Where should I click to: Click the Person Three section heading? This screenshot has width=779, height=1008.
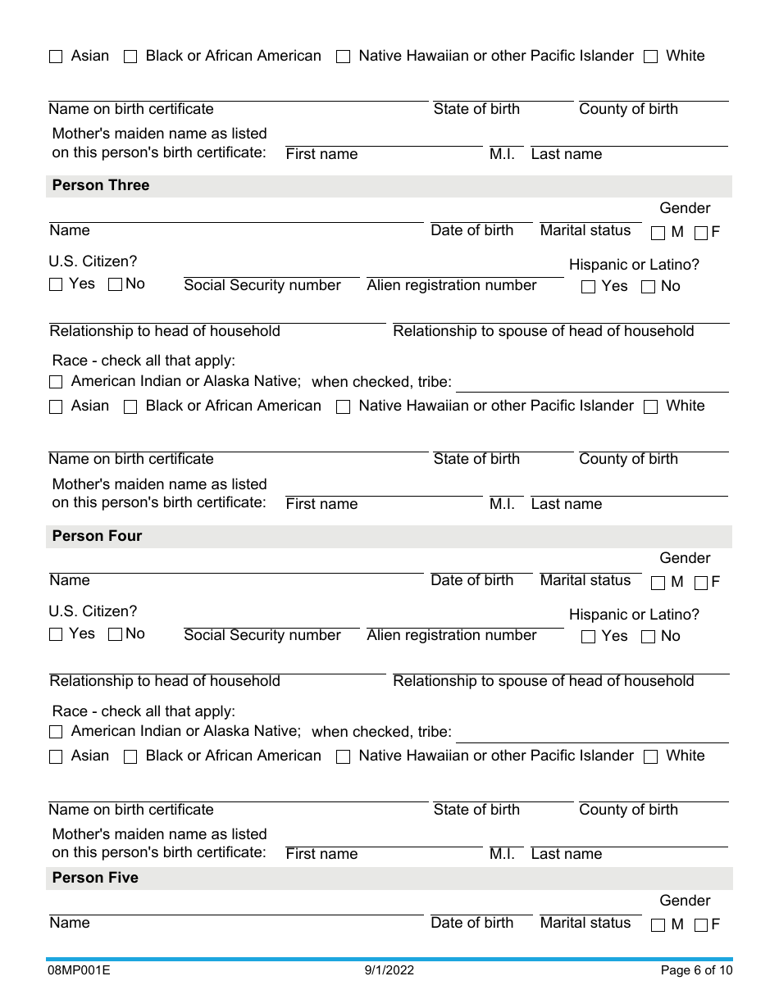pos(101,185)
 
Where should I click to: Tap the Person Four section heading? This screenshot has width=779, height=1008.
pos(97,536)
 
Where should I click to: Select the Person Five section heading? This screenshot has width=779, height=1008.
pos(95,878)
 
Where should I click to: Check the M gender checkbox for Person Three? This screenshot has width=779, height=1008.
pos(658,233)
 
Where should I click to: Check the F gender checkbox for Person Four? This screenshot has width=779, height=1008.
pos(701,583)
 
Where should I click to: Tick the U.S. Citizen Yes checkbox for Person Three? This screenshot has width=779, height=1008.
pos(56,285)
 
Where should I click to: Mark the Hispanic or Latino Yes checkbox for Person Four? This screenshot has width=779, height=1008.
pos(588,638)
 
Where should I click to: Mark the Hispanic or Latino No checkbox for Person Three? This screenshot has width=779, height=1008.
pos(648,287)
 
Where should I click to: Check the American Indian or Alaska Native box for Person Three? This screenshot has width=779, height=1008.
pos(56,383)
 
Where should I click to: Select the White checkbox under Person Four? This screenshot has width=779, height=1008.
pos(651,757)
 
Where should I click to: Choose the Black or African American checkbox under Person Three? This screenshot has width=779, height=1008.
pos(130,407)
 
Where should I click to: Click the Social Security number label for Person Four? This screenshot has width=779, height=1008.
pos(262,635)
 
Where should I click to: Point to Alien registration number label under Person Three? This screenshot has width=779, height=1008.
pos(452,285)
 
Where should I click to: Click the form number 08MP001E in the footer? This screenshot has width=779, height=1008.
pos(80,971)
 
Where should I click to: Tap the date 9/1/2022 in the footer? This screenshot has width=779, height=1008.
pos(389,971)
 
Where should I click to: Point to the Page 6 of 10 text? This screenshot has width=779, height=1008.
pos(696,971)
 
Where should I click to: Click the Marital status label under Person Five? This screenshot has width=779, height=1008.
pos(585,923)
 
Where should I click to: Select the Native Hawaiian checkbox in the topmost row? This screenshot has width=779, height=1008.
pos(344,57)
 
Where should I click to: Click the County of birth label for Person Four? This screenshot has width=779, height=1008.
pos(628,810)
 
